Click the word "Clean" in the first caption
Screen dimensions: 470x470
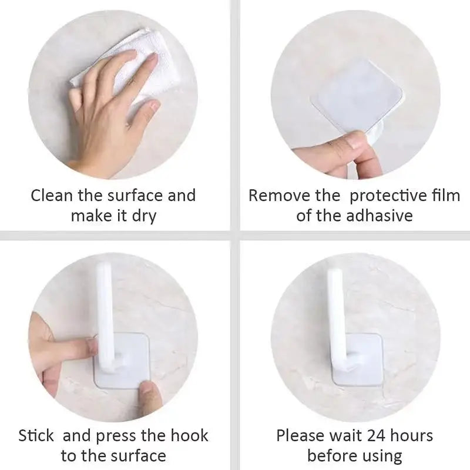[x=52, y=196]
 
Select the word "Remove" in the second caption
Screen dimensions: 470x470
[x=280, y=196]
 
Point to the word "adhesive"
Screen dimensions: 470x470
[x=379, y=216]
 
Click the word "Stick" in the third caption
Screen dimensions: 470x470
[x=36, y=435]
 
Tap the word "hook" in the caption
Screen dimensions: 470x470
[x=189, y=435]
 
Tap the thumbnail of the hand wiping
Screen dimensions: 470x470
[x=154, y=106]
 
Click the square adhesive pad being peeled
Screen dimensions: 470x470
[x=357, y=96]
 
